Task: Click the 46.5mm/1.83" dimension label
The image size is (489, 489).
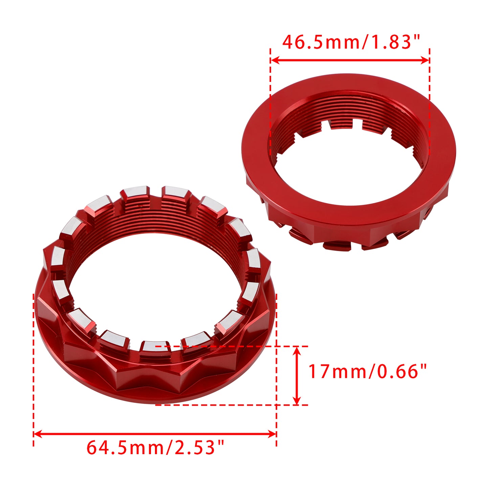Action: click(351, 42)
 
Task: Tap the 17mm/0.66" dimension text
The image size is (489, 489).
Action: click(368, 371)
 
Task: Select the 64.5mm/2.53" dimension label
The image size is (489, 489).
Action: click(155, 447)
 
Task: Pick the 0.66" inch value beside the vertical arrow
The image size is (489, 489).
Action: click(402, 371)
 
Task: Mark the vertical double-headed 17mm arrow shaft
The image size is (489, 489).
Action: click(297, 376)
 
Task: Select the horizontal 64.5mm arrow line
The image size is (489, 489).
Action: click(155, 434)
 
